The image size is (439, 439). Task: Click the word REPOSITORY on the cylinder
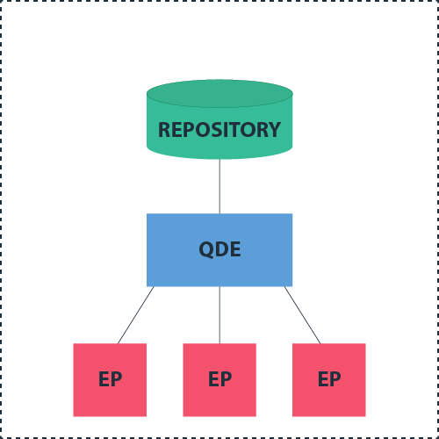pyautogui.click(x=219, y=130)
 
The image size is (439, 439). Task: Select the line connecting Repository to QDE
pyautogui.click(x=219, y=186)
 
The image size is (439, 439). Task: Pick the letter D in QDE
pyautogui.click(x=221, y=249)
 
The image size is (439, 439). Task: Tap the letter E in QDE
pyautogui.click(x=234, y=249)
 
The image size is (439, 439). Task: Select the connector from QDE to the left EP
pyautogui.click(x=136, y=314)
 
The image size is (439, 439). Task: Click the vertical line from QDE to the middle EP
pyautogui.click(x=219, y=314)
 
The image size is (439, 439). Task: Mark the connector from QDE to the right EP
pyautogui.click(x=303, y=314)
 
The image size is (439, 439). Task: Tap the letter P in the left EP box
pyautogui.click(x=116, y=380)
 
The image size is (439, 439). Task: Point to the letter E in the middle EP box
pyautogui.click(x=213, y=380)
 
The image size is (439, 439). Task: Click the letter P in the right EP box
pyautogui.click(x=335, y=380)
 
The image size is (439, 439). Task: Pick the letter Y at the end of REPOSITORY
pyautogui.click(x=275, y=130)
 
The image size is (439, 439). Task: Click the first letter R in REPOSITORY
pyautogui.click(x=164, y=130)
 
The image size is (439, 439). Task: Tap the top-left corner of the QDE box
pyautogui.click(x=148, y=214)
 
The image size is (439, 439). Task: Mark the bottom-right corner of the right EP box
pyautogui.click(x=364, y=415)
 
